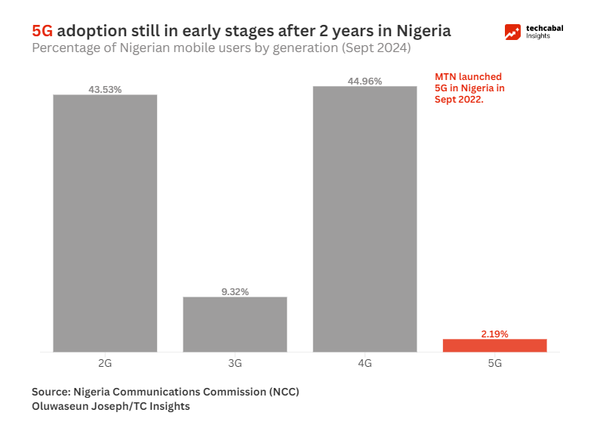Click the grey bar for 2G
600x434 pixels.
(105, 223)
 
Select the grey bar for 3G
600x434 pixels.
(235, 324)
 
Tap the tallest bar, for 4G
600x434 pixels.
(365, 219)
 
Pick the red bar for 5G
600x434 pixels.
(494, 345)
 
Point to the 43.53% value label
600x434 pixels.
(105, 89)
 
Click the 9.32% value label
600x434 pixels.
(235, 291)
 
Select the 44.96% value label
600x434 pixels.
(365, 81)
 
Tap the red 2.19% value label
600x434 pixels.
(494, 334)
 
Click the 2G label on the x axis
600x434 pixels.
(105, 363)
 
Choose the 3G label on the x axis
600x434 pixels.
(235, 363)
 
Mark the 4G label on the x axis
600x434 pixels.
(365, 363)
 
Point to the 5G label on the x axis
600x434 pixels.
(494, 363)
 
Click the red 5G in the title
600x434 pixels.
(42, 31)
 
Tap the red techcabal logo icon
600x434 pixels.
(513, 32)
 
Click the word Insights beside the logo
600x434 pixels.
(539, 36)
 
